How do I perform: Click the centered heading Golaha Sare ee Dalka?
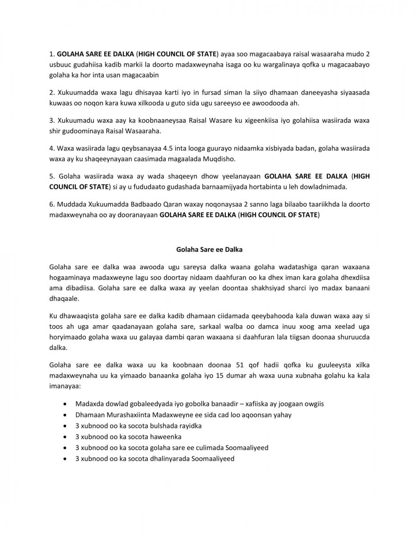[x=209, y=248]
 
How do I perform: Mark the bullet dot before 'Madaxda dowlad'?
[x=67, y=404]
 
